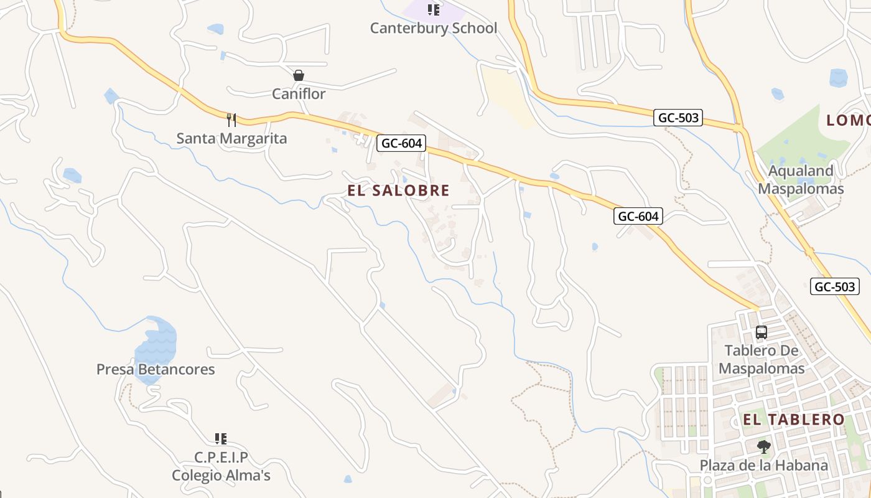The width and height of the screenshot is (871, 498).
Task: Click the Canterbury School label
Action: pyautogui.click(x=434, y=28)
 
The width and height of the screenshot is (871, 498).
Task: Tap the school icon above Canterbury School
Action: pyautogui.click(x=434, y=9)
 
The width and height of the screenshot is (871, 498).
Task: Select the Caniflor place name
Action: pyautogui.click(x=299, y=94)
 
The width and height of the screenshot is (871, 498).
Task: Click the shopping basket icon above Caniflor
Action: pyautogui.click(x=299, y=75)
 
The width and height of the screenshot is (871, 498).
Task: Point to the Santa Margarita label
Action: pyautogui.click(x=231, y=138)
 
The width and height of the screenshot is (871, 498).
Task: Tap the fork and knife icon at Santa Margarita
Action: pyautogui.click(x=231, y=120)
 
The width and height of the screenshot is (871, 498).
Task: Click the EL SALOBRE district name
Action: pyautogui.click(x=398, y=190)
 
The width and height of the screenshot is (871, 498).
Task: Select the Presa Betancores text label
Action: pyautogui.click(x=156, y=369)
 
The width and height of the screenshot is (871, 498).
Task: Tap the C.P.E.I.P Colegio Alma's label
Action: pyautogui.click(x=221, y=467)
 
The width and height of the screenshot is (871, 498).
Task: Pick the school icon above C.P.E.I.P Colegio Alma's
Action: pyautogui.click(x=221, y=439)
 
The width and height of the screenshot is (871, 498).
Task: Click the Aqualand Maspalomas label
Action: pyautogui.click(x=801, y=180)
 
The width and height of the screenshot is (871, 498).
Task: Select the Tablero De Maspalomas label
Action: pyautogui.click(x=762, y=359)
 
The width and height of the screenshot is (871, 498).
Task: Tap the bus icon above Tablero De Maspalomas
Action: pyautogui.click(x=762, y=332)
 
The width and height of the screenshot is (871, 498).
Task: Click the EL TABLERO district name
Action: pyautogui.click(x=794, y=420)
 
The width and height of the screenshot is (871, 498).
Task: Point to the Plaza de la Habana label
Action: pyautogui.click(x=764, y=465)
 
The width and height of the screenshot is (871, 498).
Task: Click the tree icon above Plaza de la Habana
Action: pyautogui.click(x=764, y=446)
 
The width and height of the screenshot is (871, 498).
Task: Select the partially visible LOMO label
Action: pyautogui.click(x=848, y=121)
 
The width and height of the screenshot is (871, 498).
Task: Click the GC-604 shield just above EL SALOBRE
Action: pyautogui.click(x=401, y=144)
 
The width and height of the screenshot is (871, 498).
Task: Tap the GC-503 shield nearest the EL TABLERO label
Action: pyautogui.click(x=835, y=286)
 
